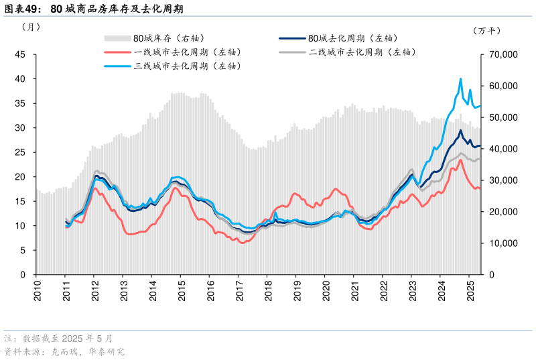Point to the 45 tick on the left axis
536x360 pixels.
pos(20,54)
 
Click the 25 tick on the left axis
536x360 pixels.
pos(20,152)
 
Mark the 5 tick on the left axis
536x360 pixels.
pos(23,250)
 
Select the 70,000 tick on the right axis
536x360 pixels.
pos(500,54)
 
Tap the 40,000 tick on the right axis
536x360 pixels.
pos(500,149)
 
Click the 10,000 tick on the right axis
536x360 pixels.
pos(500,243)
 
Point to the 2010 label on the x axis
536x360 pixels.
pos(37,290)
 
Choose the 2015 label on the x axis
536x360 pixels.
pos(182,290)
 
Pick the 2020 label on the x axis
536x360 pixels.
pos(326,290)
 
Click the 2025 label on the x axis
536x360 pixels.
pos(470,290)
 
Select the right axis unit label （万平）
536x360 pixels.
pos(486,30)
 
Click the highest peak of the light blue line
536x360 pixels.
pos(460,79)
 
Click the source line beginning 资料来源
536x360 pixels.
pos(64,351)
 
